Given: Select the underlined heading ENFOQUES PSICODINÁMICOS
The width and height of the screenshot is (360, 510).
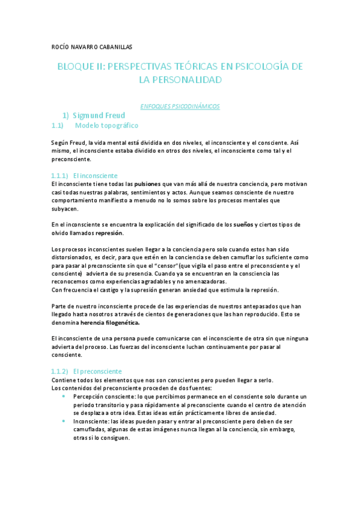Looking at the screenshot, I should pyautogui.click(x=180, y=106).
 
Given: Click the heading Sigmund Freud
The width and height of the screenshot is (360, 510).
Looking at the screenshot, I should pyautogui.click(x=102, y=115).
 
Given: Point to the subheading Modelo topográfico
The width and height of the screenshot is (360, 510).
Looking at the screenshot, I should pyautogui.click(x=106, y=126).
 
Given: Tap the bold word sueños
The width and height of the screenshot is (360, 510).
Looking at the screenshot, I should pyautogui.click(x=243, y=225).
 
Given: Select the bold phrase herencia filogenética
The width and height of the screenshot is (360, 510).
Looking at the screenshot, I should pyautogui.click(x=110, y=322).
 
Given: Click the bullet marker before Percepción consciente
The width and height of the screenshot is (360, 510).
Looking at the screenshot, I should pyautogui.click(x=64, y=396).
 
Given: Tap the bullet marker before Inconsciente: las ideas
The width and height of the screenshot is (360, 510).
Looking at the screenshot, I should pyautogui.click(x=64, y=422).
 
